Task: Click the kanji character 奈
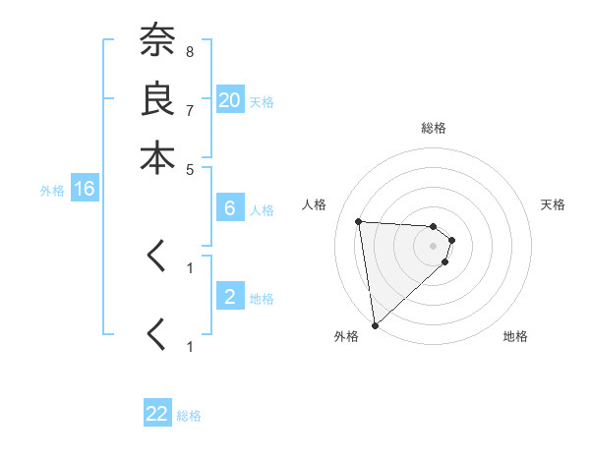point(157,40)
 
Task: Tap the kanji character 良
point(157,98)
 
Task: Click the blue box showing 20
point(230,100)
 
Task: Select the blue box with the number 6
point(230,208)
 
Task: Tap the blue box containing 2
point(230,297)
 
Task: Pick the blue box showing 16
point(85,190)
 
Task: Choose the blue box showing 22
point(157,414)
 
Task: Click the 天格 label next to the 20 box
point(262,102)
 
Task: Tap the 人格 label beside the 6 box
point(262,210)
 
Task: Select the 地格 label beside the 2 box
point(262,299)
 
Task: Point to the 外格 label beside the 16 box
point(52,192)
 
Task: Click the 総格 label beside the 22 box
point(189,416)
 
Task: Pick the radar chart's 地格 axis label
point(515,337)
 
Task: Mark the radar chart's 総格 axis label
point(433,128)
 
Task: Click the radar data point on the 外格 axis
point(375,324)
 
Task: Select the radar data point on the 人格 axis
point(359,221)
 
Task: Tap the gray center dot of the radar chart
point(433,246)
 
